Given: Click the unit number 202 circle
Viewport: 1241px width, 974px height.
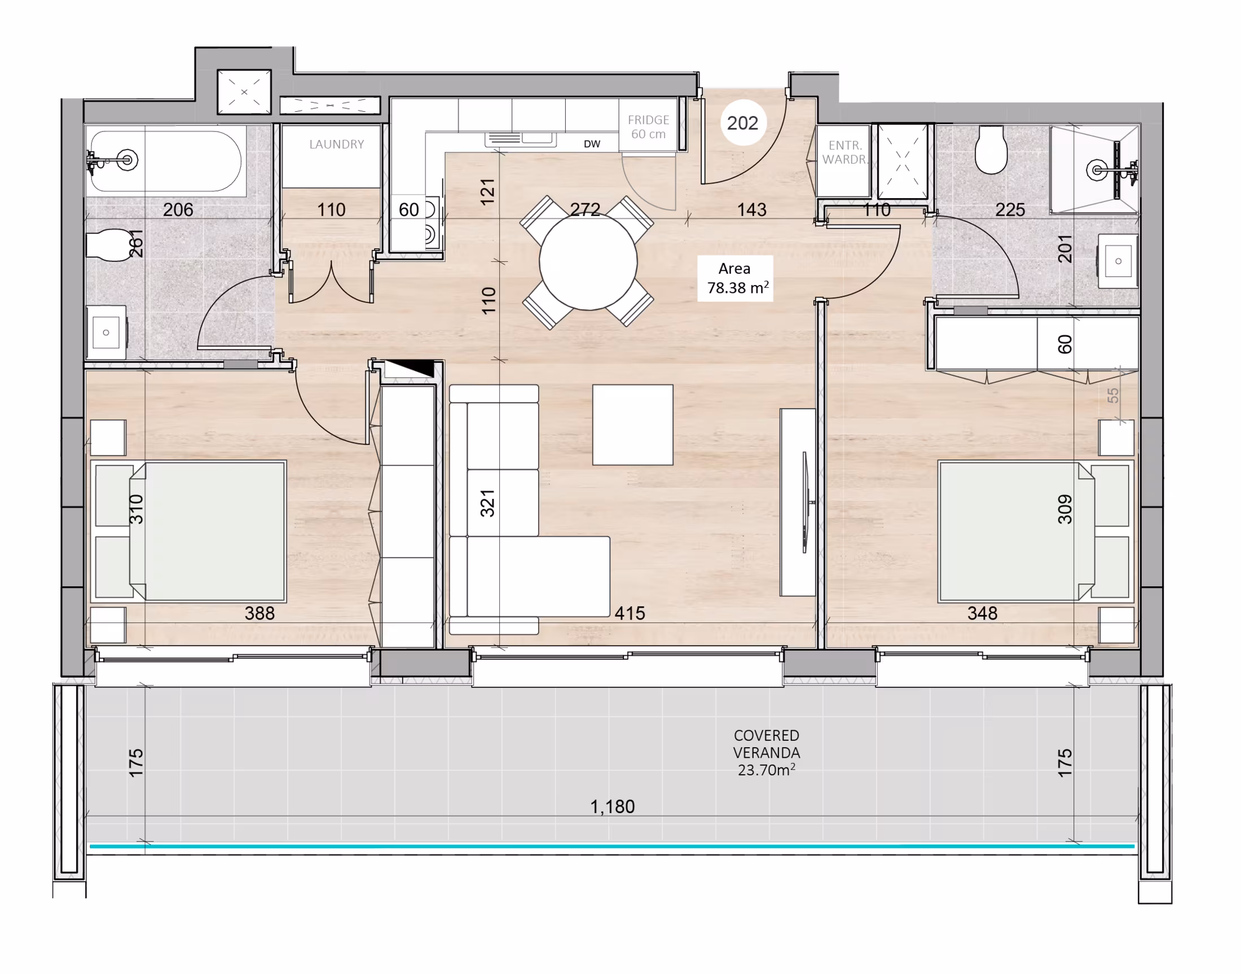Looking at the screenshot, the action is pos(742,122).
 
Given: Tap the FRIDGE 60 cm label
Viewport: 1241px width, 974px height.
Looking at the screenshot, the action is pos(648,126).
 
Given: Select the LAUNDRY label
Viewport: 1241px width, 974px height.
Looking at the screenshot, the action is pos(336,144).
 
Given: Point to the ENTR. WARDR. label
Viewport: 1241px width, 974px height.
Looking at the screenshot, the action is pos(844,152).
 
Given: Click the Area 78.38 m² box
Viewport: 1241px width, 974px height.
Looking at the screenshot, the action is pos(735,278).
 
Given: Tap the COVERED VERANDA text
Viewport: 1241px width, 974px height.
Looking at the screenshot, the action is pos(766,744).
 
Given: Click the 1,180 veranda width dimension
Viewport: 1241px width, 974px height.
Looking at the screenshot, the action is pos(611,806).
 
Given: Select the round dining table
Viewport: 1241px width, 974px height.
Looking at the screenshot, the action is pos(588,262).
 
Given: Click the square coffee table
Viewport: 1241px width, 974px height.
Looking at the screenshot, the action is pos(632,425).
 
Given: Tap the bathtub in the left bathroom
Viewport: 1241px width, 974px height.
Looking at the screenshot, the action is pos(166,161).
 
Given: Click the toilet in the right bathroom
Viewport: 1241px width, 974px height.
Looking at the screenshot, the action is pos(991,150).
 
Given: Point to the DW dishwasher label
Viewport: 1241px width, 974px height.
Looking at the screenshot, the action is pos(592,144).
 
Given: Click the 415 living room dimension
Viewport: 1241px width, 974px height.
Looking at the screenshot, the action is pos(630,613).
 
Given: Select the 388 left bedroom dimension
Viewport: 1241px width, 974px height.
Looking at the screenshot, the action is pos(259,613).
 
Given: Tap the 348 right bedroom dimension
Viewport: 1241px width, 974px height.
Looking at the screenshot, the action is pos(982,613).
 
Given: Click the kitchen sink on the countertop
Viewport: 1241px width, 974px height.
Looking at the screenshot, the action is pos(521,139).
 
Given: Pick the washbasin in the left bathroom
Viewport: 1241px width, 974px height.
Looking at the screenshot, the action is pos(106,332).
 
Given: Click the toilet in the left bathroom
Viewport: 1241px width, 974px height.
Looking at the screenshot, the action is pos(108,245).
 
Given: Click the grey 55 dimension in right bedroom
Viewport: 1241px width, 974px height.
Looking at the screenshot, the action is pos(1113,395).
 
